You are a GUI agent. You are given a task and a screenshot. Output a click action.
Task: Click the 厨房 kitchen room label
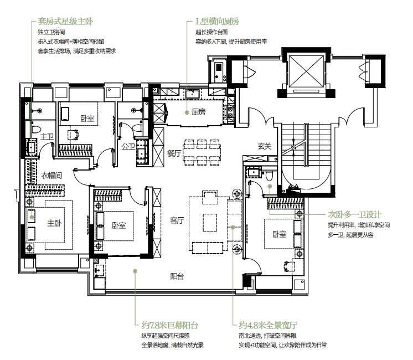click(x=198, y=112)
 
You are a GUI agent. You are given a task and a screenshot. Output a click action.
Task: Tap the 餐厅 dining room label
click(x=174, y=153)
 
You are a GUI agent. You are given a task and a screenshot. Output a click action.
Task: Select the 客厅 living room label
click(x=177, y=220)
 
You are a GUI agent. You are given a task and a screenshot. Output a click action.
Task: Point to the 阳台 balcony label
click(x=177, y=276)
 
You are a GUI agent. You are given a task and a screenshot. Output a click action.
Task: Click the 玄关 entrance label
click(x=264, y=146)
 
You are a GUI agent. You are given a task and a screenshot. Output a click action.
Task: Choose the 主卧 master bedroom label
click(x=54, y=223)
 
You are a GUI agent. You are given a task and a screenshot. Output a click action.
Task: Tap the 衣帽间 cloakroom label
click(x=51, y=175)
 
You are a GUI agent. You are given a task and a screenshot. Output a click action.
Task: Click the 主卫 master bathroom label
click(x=47, y=136)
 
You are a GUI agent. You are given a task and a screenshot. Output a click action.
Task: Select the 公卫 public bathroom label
click(x=128, y=147)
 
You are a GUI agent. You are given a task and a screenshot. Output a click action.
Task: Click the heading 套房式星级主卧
click(x=65, y=22)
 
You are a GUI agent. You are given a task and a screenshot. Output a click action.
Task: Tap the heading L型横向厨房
click(x=218, y=22)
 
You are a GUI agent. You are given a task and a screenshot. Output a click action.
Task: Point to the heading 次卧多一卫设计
click(x=354, y=214)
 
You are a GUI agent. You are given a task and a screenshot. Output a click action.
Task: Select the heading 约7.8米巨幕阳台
click(x=169, y=325)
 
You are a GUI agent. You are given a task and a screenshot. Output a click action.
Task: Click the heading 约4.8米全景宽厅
click(x=268, y=325)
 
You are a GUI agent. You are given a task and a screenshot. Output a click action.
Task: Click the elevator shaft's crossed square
click(x=306, y=71)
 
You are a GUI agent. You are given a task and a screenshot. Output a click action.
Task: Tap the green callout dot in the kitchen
click(x=187, y=112)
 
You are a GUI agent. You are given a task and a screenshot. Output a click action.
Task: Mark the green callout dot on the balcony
click(x=135, y=271)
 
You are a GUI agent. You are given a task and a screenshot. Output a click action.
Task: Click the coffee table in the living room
click(x=210, y=223)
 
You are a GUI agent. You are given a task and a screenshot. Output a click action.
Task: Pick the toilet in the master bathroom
click(x=36, y=129)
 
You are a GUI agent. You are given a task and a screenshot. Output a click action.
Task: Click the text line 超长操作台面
click(x=211, y=32)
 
